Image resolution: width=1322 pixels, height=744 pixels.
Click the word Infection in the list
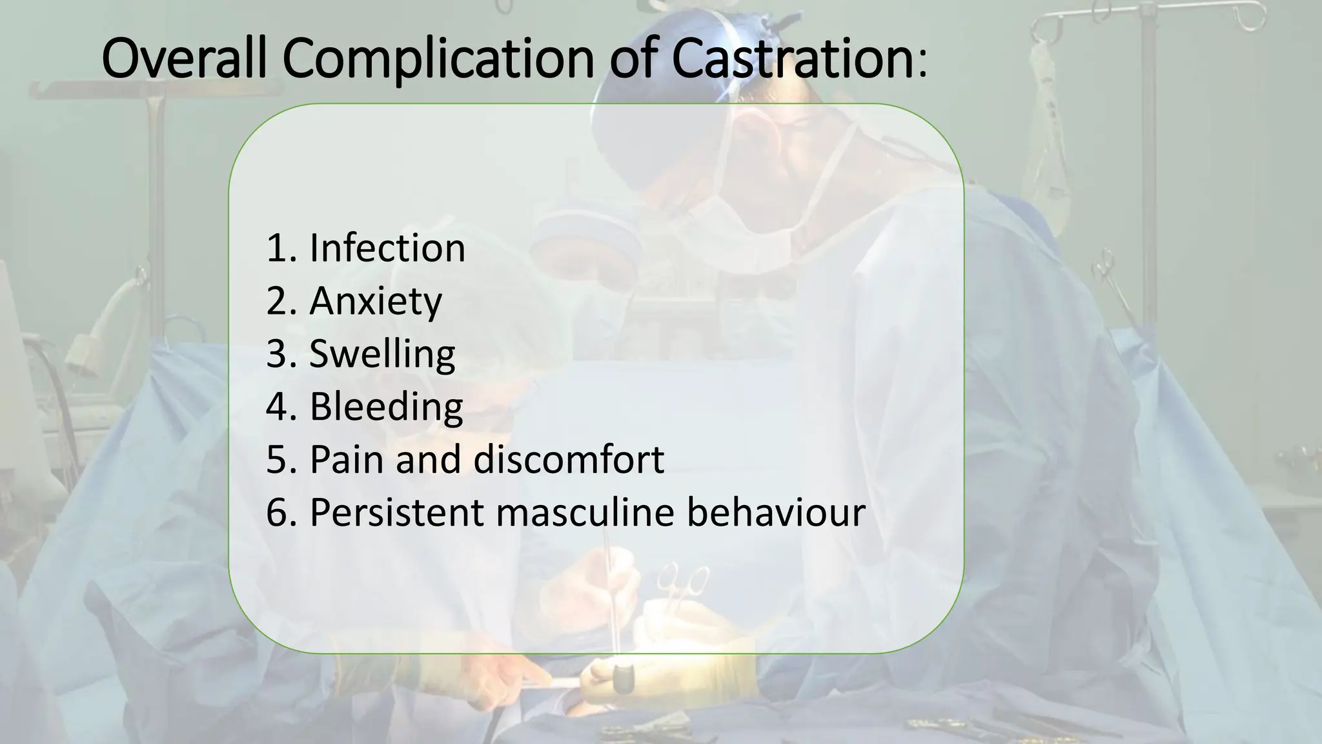387,248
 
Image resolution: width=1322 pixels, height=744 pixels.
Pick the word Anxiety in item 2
376,302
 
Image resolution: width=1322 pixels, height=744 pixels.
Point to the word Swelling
382,355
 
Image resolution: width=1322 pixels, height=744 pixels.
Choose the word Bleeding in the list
386,407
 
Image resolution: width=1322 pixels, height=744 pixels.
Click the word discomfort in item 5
569,460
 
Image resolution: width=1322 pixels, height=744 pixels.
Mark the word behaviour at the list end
775,513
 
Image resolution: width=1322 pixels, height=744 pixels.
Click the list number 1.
276,248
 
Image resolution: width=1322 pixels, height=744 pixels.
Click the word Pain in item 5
347,460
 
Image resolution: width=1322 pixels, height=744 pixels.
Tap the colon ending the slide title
920,65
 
